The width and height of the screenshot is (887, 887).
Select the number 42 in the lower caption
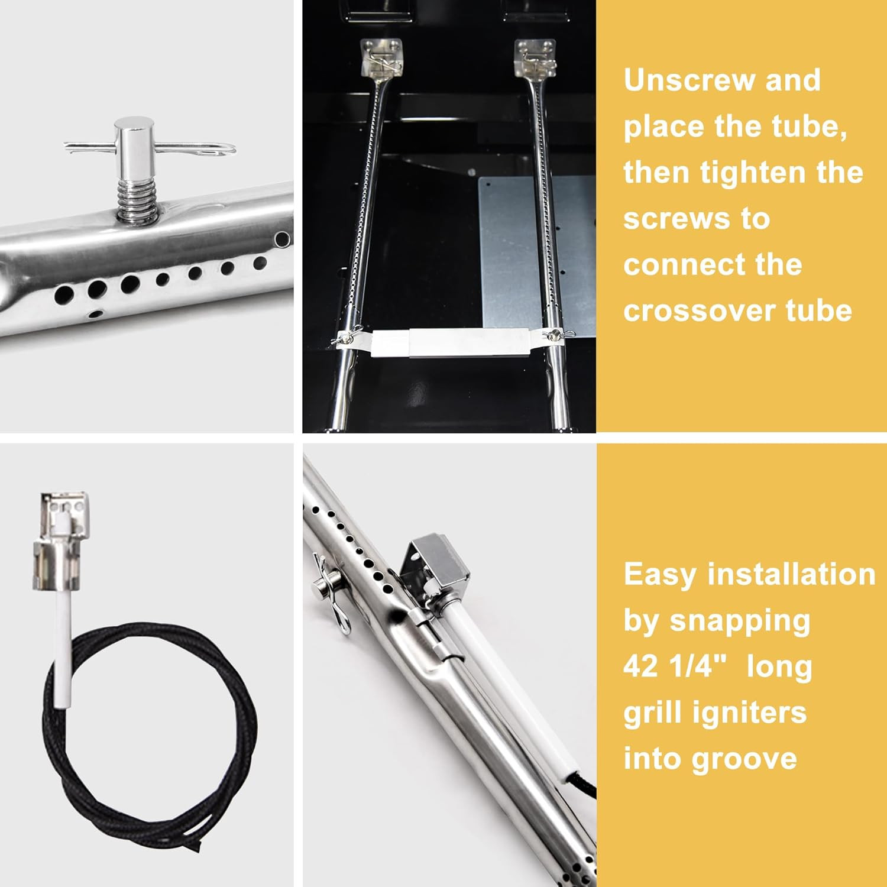640,666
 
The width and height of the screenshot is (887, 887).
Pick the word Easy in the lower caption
660,575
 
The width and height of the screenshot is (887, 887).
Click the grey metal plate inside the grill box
535,248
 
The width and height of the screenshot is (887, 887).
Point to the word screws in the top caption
697,219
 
